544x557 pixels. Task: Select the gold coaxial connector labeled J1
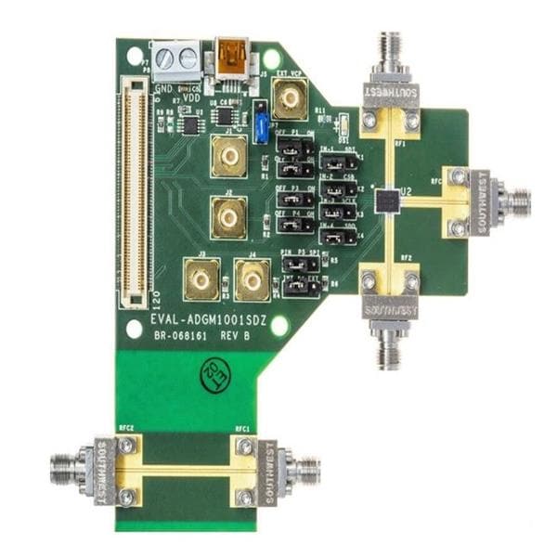tap(227, 159)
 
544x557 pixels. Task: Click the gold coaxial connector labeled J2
tap(227, 217)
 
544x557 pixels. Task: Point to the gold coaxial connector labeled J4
tap(252, 279)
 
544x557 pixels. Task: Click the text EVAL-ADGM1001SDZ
tap(209, 318)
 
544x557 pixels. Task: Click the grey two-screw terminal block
tap(176, 59)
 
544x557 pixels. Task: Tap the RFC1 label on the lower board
tap(243, 429)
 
